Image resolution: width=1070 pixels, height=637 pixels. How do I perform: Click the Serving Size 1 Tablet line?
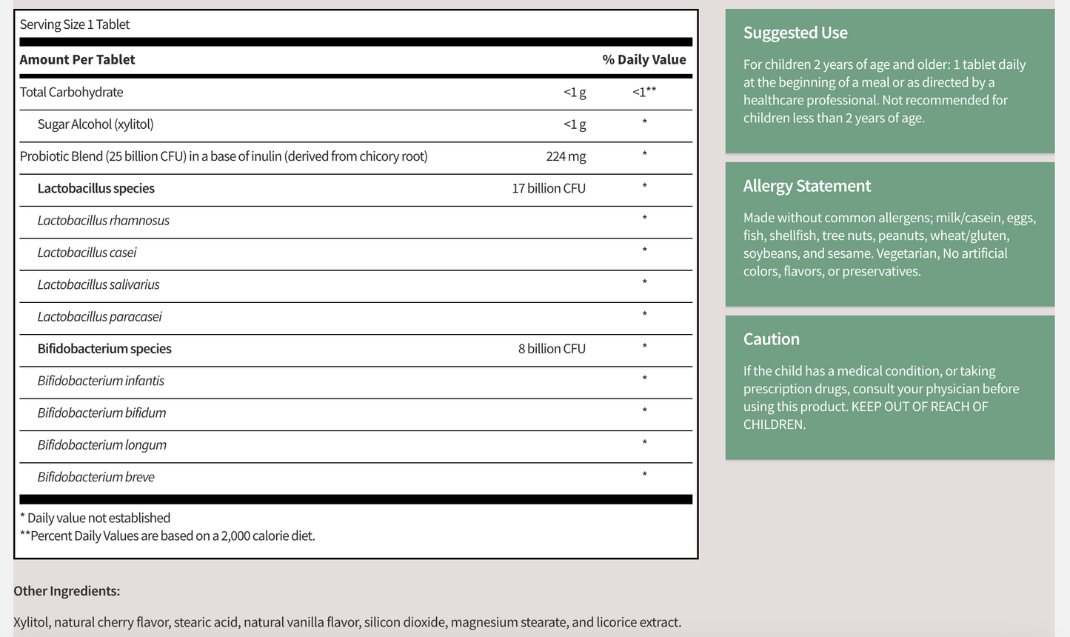tap(74, 24)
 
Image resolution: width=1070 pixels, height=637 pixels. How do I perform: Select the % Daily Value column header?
tap(643, 59)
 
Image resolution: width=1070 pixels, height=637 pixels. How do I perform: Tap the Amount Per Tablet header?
tap(77, 59)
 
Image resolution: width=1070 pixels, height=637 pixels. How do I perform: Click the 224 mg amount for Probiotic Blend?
tap(566, 156)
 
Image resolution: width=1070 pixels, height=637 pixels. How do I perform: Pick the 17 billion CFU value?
tap(548, 188)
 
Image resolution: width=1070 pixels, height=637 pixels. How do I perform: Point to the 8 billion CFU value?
tap(551, 349)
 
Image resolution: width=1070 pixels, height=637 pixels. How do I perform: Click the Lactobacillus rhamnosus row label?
tap(103, 221)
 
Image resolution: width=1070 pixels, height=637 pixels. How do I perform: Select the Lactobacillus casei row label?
tap(87, 253)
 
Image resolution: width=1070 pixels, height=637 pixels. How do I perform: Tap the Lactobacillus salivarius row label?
tap(98, 284)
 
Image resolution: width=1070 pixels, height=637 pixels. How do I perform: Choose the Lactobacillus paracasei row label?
tap(99, 317)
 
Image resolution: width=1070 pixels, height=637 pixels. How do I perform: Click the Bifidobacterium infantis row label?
tap(101, 381)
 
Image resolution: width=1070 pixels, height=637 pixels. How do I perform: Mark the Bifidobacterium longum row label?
tap(101, 445)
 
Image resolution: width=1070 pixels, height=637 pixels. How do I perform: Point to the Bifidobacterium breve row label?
tap(96, 477)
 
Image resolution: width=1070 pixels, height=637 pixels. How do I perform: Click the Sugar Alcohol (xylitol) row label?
tap(95, 124)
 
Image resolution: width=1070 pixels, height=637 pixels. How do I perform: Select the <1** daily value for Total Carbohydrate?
tap(643, 92)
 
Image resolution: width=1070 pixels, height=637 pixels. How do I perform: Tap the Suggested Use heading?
tap(795, 33)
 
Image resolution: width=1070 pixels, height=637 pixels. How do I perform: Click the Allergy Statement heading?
tap(806, 186)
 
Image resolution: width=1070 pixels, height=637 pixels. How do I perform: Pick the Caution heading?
tap(771, 339)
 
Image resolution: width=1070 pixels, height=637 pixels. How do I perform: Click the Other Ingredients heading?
tap(67, 591)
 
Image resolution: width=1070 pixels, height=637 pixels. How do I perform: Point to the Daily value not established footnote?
tap(95, 518)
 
